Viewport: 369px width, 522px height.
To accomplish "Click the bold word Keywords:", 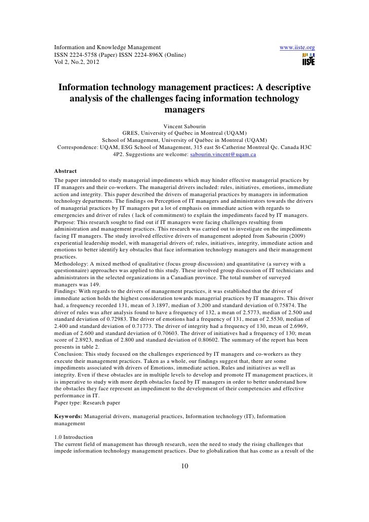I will [68, 416].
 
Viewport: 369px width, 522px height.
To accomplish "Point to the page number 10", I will [184, 467].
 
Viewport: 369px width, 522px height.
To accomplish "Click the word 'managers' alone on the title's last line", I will [184, 110].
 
